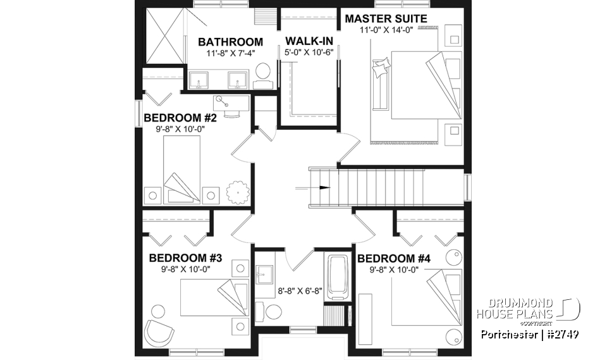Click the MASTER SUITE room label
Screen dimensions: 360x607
coord(386,18)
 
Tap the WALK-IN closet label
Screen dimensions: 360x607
coord(310,41)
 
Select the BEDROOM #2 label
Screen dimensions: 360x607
coord(181,118)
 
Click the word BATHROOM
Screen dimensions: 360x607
coord(230,42)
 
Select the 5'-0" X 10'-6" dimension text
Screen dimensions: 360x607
coord(309,53)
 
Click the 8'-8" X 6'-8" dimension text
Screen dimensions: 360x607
coord(300,292)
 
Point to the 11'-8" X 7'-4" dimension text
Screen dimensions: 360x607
coord(230,53)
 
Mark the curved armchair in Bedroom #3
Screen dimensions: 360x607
coord(159,330)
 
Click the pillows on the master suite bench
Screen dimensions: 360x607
coord(383,68)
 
